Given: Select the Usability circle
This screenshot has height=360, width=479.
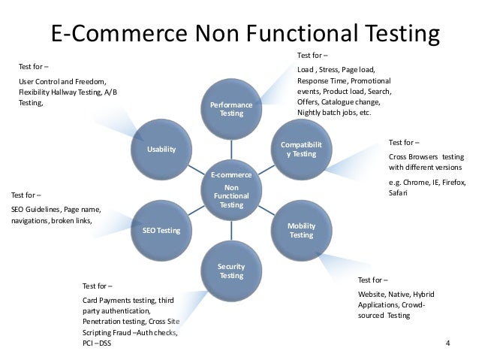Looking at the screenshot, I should [x=161, y=149].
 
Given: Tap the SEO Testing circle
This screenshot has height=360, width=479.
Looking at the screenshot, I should [x=161, y=229].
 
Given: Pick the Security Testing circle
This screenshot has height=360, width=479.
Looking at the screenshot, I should [x=231, y=271].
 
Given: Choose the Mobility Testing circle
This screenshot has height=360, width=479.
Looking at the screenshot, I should [x=301, y=230].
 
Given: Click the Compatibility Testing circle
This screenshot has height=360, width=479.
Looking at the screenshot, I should [x=302, y=148].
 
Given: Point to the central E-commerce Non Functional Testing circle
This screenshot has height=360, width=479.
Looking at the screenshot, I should [x=231, y=189].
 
